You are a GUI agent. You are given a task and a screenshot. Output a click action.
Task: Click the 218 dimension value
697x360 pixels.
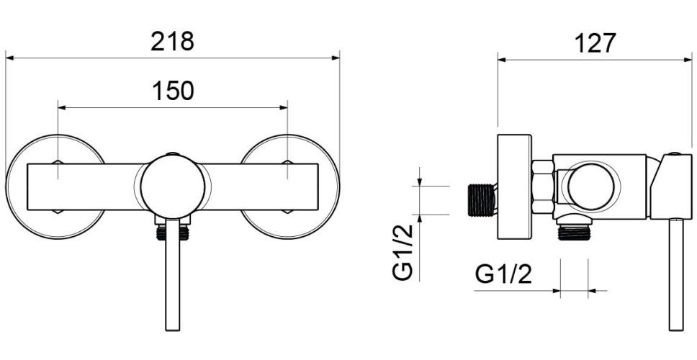(x=172, y=41)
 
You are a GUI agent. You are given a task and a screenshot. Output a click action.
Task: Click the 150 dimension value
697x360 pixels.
(x=172, y=91)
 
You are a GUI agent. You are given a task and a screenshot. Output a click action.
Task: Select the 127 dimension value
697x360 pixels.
(x=595, y=43)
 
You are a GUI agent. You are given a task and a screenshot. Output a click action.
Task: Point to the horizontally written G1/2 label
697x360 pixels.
(x=504, y=274)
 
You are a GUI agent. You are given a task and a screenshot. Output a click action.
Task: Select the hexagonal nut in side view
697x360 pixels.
(x=542, y=186)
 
